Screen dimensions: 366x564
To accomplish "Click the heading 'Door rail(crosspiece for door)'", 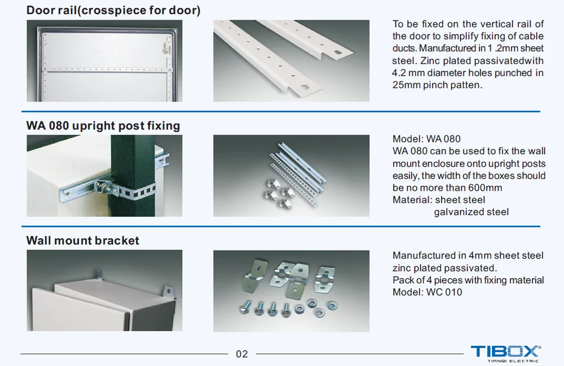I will pyautogui.click(x=113, y=10).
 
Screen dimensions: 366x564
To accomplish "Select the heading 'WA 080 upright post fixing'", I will pyautogui.click(x=103, y=126).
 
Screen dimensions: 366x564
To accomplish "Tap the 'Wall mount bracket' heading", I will pyautogui.click(x=83, y=240).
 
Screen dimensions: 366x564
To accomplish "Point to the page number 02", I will pyautogui.click(x=241, y=354).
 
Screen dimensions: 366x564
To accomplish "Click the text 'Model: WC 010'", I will pyautogui.click(x=427, y=292).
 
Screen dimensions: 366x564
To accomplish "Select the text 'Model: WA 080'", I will pyautogui.click(x=426, y=139).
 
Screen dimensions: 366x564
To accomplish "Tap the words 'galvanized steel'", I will pyautogui.click(x=471, y=212).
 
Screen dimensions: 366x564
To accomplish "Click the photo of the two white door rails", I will pyautogui.click(x=291, y=61).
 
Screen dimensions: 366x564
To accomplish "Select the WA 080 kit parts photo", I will pyautogui.click(x=291, y=176).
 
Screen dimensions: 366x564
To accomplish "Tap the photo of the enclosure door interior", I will pyautogui.click(x=104, y=61).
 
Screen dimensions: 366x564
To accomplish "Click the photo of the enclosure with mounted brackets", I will pyautogui.click(x=104, y=291).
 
